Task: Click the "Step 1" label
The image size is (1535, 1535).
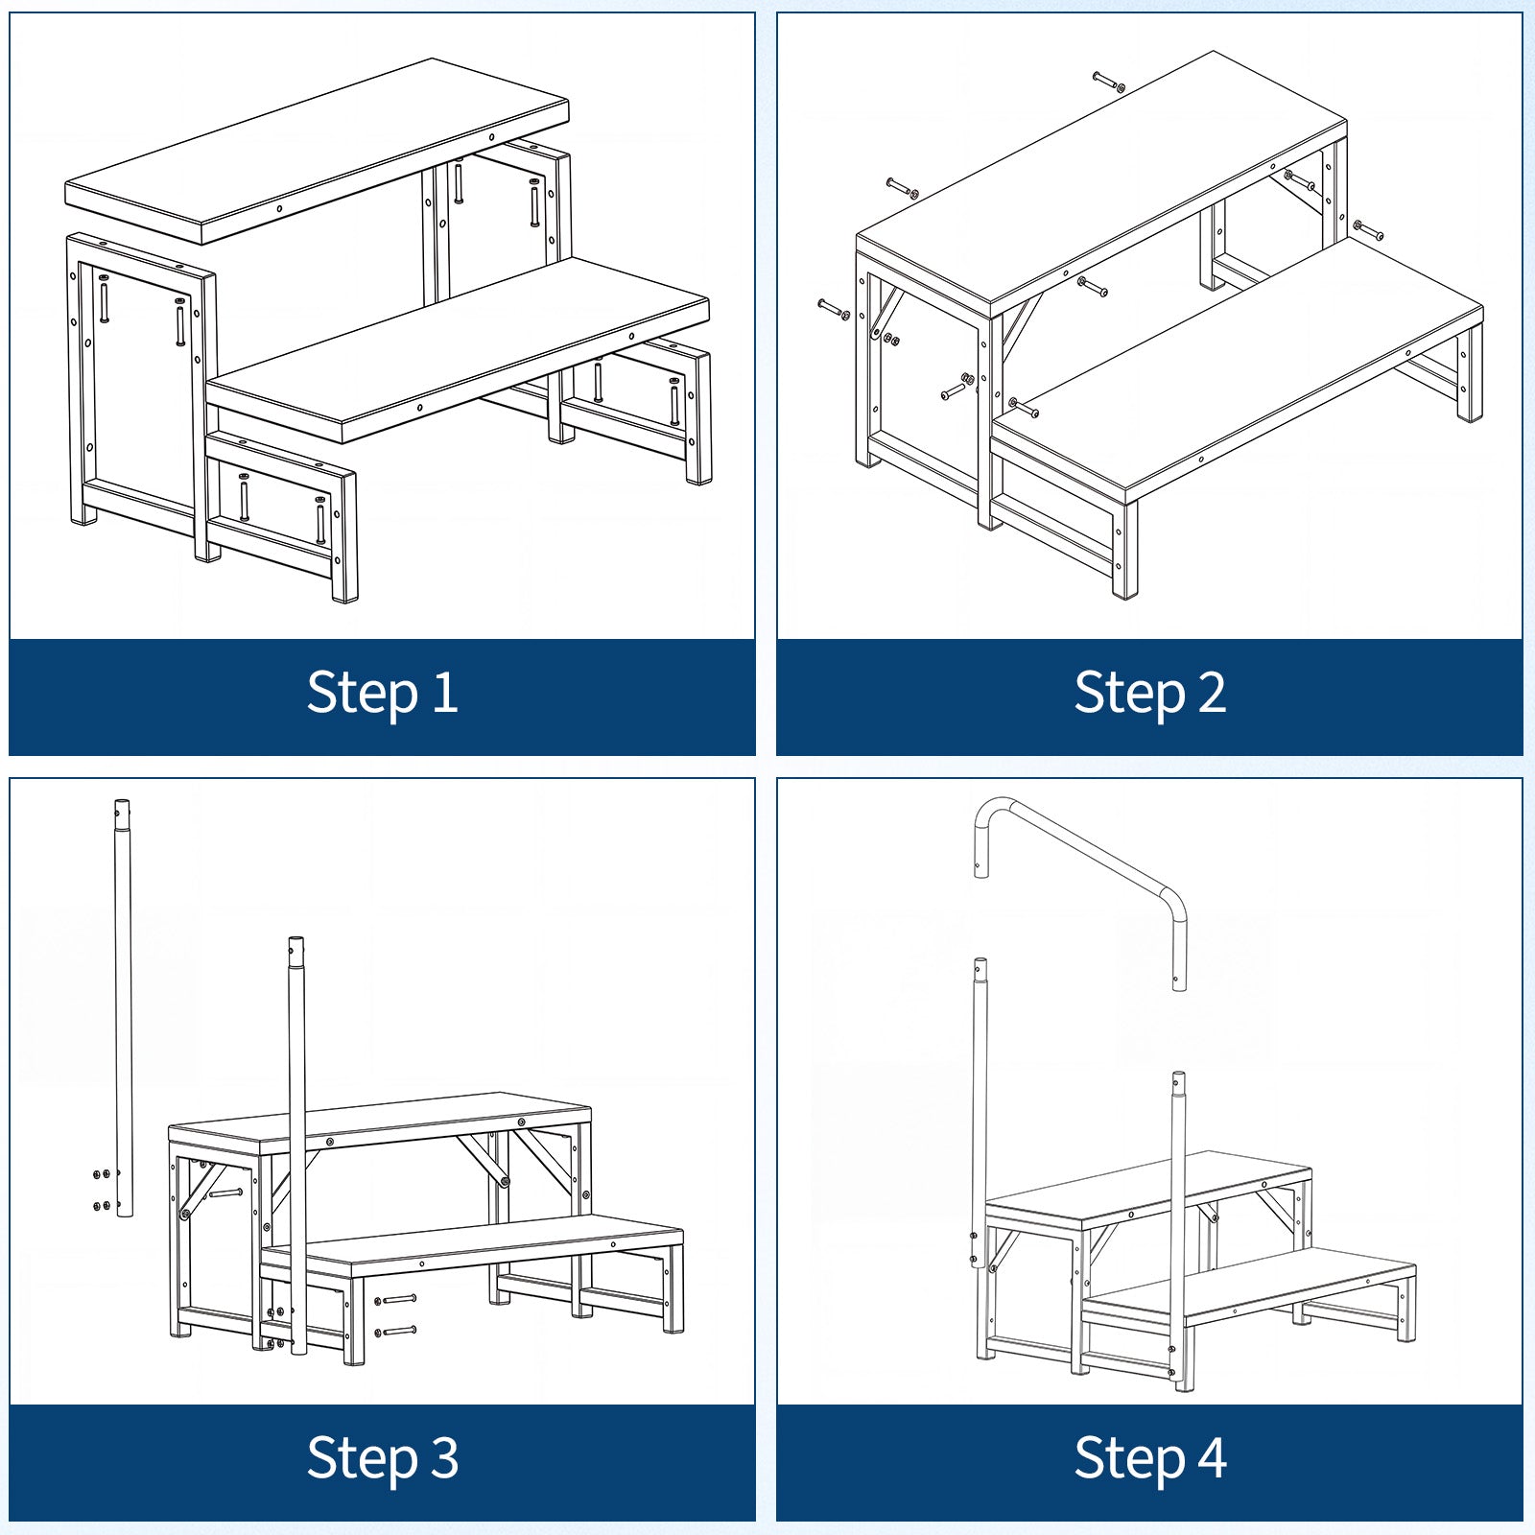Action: click(382, 693)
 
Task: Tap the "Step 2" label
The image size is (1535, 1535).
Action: click(1149, 693)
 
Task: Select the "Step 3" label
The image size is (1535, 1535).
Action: click(382, 1458)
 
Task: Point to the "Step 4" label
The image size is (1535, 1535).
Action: click(1149, 1458)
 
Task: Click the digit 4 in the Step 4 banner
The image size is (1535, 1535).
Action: click(1212, 1456)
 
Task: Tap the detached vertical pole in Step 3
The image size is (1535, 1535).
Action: click(123, 1007)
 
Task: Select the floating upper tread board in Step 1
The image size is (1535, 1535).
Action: click(317, 151)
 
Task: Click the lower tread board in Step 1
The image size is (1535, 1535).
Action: click(459, 350)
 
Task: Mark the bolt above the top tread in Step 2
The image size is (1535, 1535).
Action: click(1108, 82)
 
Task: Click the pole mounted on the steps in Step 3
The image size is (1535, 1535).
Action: click(297, 1146)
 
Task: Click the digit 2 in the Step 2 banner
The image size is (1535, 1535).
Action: click(1212, 691)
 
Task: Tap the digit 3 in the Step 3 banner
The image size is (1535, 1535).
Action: click(444, 1456)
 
